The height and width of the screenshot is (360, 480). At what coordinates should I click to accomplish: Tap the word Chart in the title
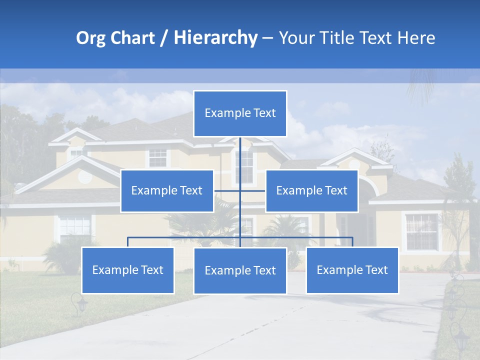tap(131, 38)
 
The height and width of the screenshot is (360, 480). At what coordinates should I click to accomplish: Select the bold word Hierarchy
tap(215, 38)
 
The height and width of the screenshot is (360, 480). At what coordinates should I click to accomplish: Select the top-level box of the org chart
tap(240, 113)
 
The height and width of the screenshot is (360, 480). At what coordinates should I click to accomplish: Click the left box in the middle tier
tap(167, 190)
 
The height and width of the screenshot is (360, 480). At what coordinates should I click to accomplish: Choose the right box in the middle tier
tap(311, 190)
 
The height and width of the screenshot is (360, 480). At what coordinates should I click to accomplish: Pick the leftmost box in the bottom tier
tap(127, 270)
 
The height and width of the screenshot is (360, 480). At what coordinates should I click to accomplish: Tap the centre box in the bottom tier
tap(240, 270)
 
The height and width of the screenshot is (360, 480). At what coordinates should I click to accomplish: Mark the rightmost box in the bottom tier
tap(352, 270)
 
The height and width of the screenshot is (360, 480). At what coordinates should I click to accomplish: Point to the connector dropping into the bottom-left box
tap(127, 242)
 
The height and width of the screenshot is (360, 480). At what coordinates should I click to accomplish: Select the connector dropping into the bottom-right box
tap(352, 242)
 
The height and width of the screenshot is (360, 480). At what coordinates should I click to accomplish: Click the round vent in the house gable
tap(85, 176)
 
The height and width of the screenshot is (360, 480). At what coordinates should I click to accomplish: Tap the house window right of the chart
tap(421, 231)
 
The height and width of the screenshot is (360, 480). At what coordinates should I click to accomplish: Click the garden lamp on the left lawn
tap(79, 303)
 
